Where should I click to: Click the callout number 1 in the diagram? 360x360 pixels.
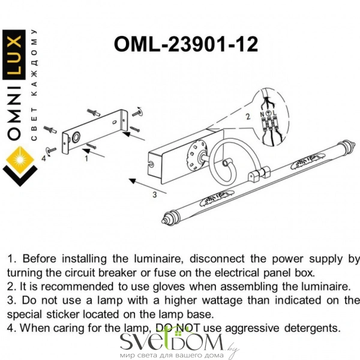click(87, 160)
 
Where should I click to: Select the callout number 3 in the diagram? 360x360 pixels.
click(155, 194)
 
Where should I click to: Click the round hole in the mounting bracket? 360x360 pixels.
click(77, 137)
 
